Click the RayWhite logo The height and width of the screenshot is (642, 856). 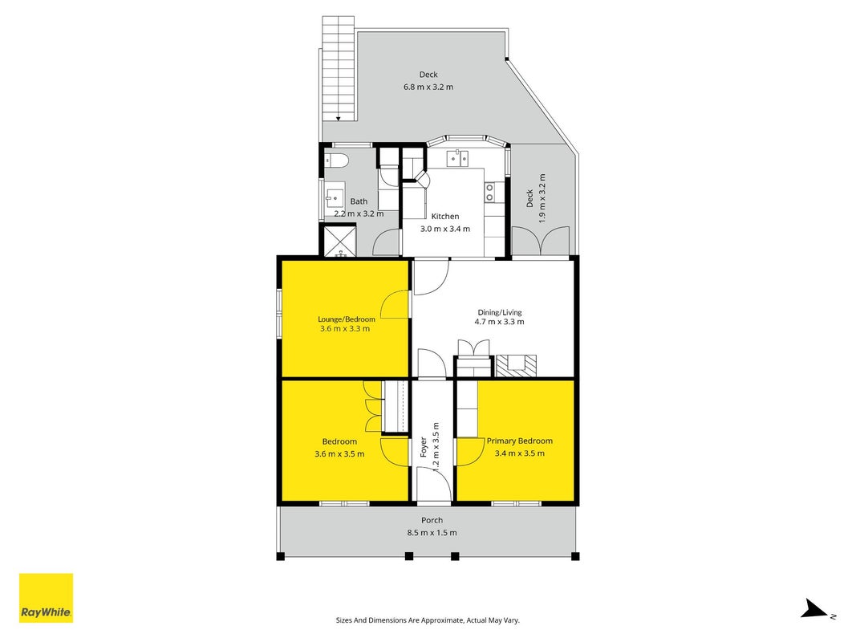pyautogui.click(x=46, y=598)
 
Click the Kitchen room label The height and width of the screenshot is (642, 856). pyautogui.click(x=445, y=216)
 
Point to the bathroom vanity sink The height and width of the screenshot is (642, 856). pyautogui.click(x=334, y=197)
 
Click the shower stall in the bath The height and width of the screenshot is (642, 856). pyautogui.click(x=340, y=241)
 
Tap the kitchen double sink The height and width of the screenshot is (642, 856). pyautogui.click(x=457, y=158)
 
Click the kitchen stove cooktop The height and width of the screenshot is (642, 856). pyautogui.click(x=489, y=192)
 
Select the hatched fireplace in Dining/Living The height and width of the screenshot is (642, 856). pyautogui.click(x=516, y=366)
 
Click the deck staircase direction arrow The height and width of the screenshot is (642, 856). pyautogui.click(x=339, y=118)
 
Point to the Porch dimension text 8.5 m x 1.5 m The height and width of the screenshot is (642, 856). pyautogui.click(x=432, y=533)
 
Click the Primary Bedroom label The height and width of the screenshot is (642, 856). pyautogui.click(x=520, y=441)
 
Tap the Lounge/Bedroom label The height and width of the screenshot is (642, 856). pyautogui.click(x=347, y=319)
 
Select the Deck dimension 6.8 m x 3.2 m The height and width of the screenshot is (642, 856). pyautogui.click(x=428, y=87)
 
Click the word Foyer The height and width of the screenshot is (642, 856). pyautogui.click(x=423, y=447)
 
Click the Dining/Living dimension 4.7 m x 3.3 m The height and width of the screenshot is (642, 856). pyautogui.click(x=500, y=322)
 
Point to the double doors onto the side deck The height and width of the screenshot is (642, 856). pyautogui.click(x=542, y=242)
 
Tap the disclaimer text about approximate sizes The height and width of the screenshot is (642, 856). pyautogui.click(x=428, y=620)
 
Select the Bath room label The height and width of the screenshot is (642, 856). pyautogui.click(x=359, y=201)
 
